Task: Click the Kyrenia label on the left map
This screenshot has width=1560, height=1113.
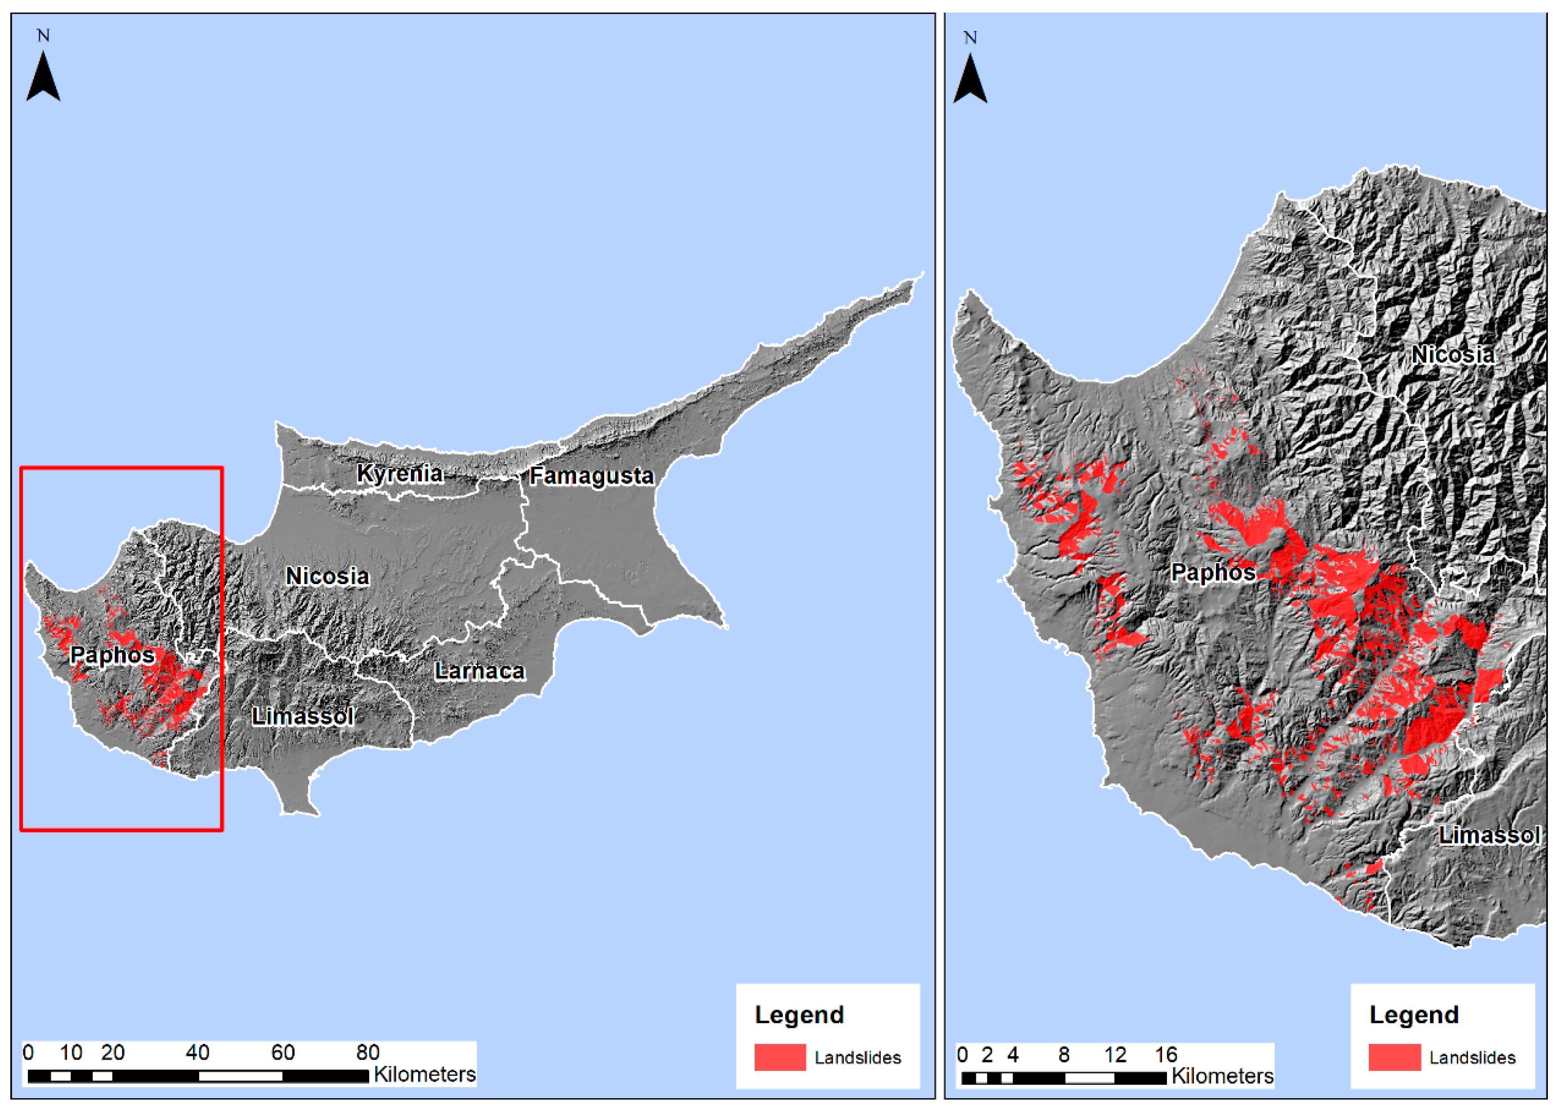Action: coord(400,474)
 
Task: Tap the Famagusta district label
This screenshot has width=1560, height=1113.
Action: coord(591,476)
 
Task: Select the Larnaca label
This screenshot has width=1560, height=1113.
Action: coord(480,671)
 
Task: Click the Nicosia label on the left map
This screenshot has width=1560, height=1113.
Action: coord(328,576)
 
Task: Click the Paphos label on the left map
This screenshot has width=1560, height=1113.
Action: coord(113,655)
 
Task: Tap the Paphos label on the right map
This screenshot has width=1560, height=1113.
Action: coord(1213,572)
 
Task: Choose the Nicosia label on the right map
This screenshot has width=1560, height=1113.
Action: coord(1453,355)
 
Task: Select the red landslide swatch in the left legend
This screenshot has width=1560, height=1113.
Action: coord(780,1057)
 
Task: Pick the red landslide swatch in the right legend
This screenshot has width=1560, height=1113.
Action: coord(1394,1057)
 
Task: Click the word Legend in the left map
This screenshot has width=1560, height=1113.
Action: coord(799,1015)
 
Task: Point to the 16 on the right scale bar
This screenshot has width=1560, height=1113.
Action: coord(1166,1055)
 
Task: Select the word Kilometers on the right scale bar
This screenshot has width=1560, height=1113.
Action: coord(1222,1076)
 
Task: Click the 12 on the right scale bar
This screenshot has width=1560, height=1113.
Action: coord(1115,1055)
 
